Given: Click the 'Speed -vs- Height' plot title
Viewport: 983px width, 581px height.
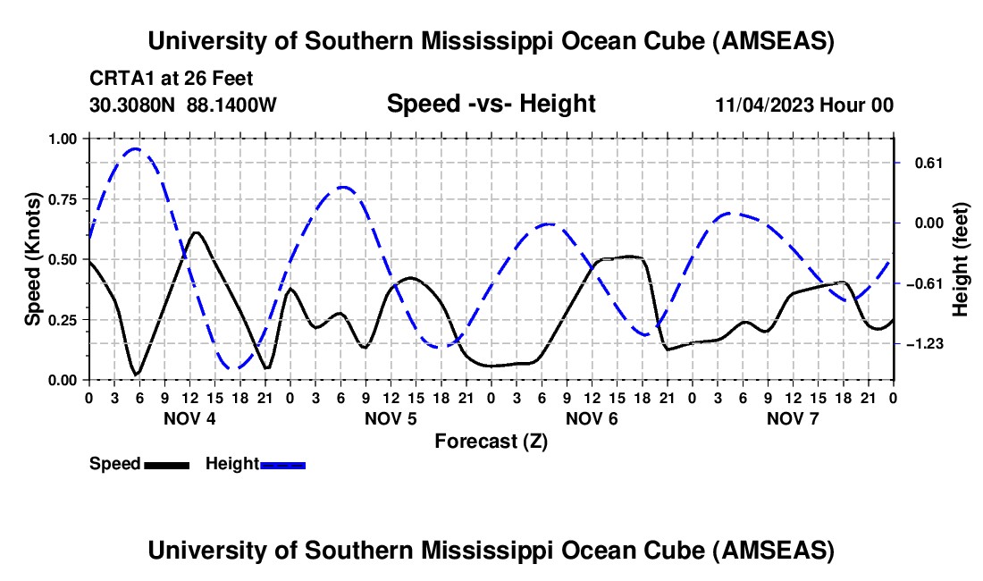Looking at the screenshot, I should pyautogui.click(x=491, y=104).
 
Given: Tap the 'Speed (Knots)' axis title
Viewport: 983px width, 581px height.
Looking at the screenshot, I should pyautogui.click(x=33, y=259).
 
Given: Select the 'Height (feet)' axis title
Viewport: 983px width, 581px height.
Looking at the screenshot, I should pyautogui.click(x=960, y=260).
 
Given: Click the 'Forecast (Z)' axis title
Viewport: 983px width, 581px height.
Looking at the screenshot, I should pyautogui.click(x=491, y=441).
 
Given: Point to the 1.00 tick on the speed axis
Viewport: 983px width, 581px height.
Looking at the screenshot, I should pyautogui.click(x=64, y=139).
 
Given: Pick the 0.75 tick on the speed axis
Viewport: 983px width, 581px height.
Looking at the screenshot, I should pyautogui.click(x=64, y=198).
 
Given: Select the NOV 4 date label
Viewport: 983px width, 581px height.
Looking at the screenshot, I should pyautogui.click(x=188, y=418).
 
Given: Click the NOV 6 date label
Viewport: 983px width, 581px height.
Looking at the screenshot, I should pyautogui.click(x=591, y=418).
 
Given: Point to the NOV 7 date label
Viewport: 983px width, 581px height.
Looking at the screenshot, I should pyautogui.click(x=792, y=418).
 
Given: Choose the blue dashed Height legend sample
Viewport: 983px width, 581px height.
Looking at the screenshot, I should pyautogui.click(x=282, y=464).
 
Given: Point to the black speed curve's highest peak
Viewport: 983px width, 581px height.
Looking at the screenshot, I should pyautogui.click(x=196, y=232).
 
